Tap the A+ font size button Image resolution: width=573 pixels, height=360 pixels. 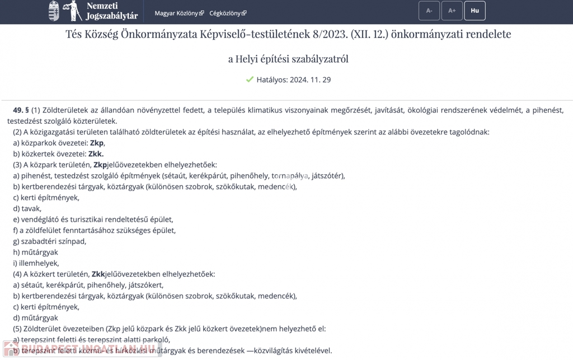coord(452,11)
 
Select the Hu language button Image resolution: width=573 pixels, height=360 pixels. coord(475,11)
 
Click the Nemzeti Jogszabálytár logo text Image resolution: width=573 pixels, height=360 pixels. coord(112,11)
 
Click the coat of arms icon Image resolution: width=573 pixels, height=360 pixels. coord(54,11)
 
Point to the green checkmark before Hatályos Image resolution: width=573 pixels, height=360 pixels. coord(250,80)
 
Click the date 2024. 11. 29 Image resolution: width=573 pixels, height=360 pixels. coord(310,80)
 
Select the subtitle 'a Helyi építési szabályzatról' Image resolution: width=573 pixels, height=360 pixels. coord(288,58)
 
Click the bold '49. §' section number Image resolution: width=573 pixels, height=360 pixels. coord(21,110)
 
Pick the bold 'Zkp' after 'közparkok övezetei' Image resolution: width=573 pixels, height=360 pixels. coord(96,143)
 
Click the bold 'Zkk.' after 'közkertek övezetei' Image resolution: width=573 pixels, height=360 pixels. coord(96,154)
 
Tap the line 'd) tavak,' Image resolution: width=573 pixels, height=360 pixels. coord(27,208)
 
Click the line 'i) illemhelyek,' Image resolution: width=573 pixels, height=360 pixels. coord(36,263)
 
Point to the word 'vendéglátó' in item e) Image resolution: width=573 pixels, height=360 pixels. coord(40,219)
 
